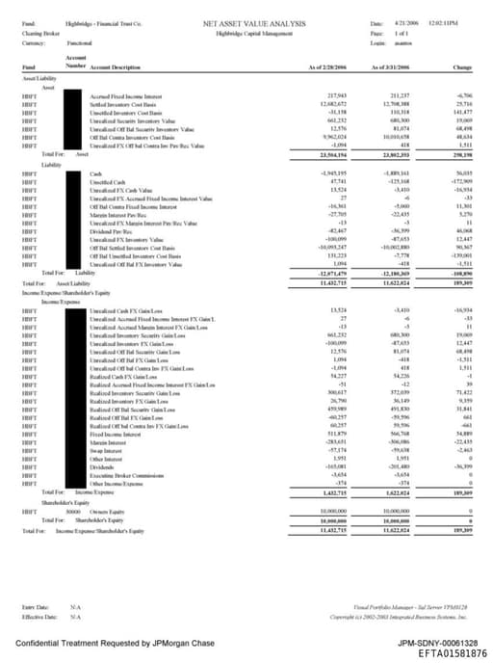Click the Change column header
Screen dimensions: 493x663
[x=461, y=67]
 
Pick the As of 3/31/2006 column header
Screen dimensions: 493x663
[x=391, y=67]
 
